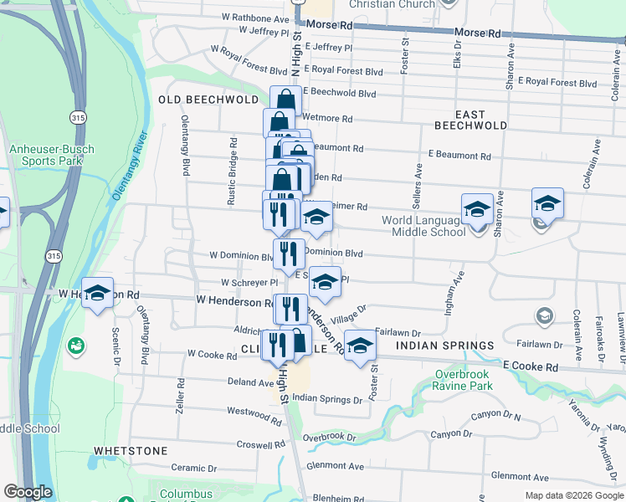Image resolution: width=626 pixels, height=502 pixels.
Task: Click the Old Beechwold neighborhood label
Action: [208, 100]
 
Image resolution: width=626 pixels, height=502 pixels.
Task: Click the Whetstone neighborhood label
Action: [131, 450]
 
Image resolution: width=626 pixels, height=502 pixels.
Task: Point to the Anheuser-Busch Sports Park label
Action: [52, 156]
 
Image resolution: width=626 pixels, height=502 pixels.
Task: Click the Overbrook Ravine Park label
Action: [463, 380]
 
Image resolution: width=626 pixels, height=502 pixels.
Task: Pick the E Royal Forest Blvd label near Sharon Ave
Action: [558, 83]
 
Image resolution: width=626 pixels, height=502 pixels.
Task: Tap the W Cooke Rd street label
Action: [213, 355]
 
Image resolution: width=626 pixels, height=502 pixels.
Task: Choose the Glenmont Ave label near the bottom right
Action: [521, 475]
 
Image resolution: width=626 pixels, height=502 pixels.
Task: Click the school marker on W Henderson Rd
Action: [97, 293]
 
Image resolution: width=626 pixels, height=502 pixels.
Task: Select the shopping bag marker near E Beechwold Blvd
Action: [285, 101]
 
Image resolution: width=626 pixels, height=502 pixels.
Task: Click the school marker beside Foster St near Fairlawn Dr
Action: [359, 346]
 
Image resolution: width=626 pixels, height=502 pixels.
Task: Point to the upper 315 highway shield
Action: [78, 116]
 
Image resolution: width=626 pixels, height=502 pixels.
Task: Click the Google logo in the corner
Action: [28, 492]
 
